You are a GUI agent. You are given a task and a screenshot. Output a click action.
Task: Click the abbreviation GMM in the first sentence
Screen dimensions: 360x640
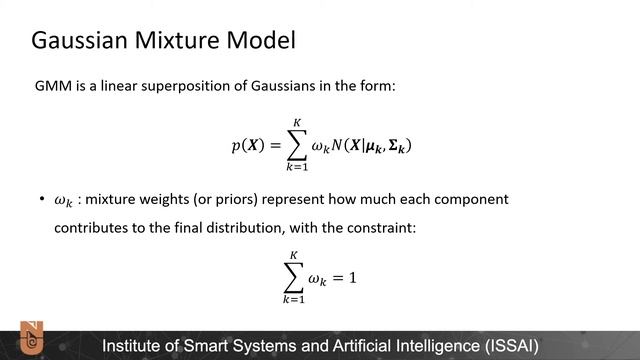(53, 88)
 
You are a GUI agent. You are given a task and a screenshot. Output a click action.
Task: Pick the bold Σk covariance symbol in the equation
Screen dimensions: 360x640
(396, 147)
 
